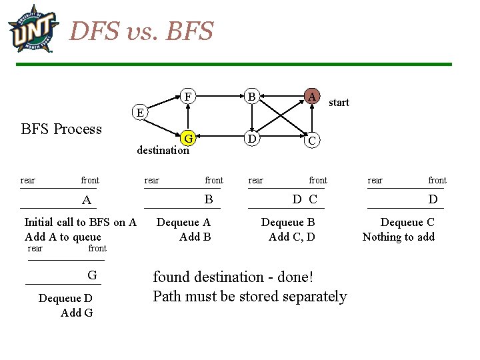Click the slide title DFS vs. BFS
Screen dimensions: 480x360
tap(141, 31)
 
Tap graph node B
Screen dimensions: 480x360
tap(251, 97)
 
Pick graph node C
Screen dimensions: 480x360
tap(311, 141)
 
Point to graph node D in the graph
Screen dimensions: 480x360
tap(251, 139)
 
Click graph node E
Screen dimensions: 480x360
tap(139, 111)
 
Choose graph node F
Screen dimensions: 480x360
tap(188, 97)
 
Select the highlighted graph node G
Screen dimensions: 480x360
tap(189, 139)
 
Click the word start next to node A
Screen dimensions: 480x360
tap(339, 102)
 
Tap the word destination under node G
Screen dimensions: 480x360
tap(163, 150)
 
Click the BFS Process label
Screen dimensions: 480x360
tap(61, 129)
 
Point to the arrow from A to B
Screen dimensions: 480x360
tap(281, 97)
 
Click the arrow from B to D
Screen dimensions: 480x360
tap(251, 118)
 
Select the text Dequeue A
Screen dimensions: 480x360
tap(183, 223)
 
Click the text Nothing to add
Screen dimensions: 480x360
tap(398, 237)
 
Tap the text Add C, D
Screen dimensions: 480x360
tap(292, 237)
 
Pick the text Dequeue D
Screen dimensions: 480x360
tap(65, 299)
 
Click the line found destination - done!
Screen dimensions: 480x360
tap(233, 277)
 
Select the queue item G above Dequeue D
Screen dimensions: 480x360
tap(92, 275)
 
